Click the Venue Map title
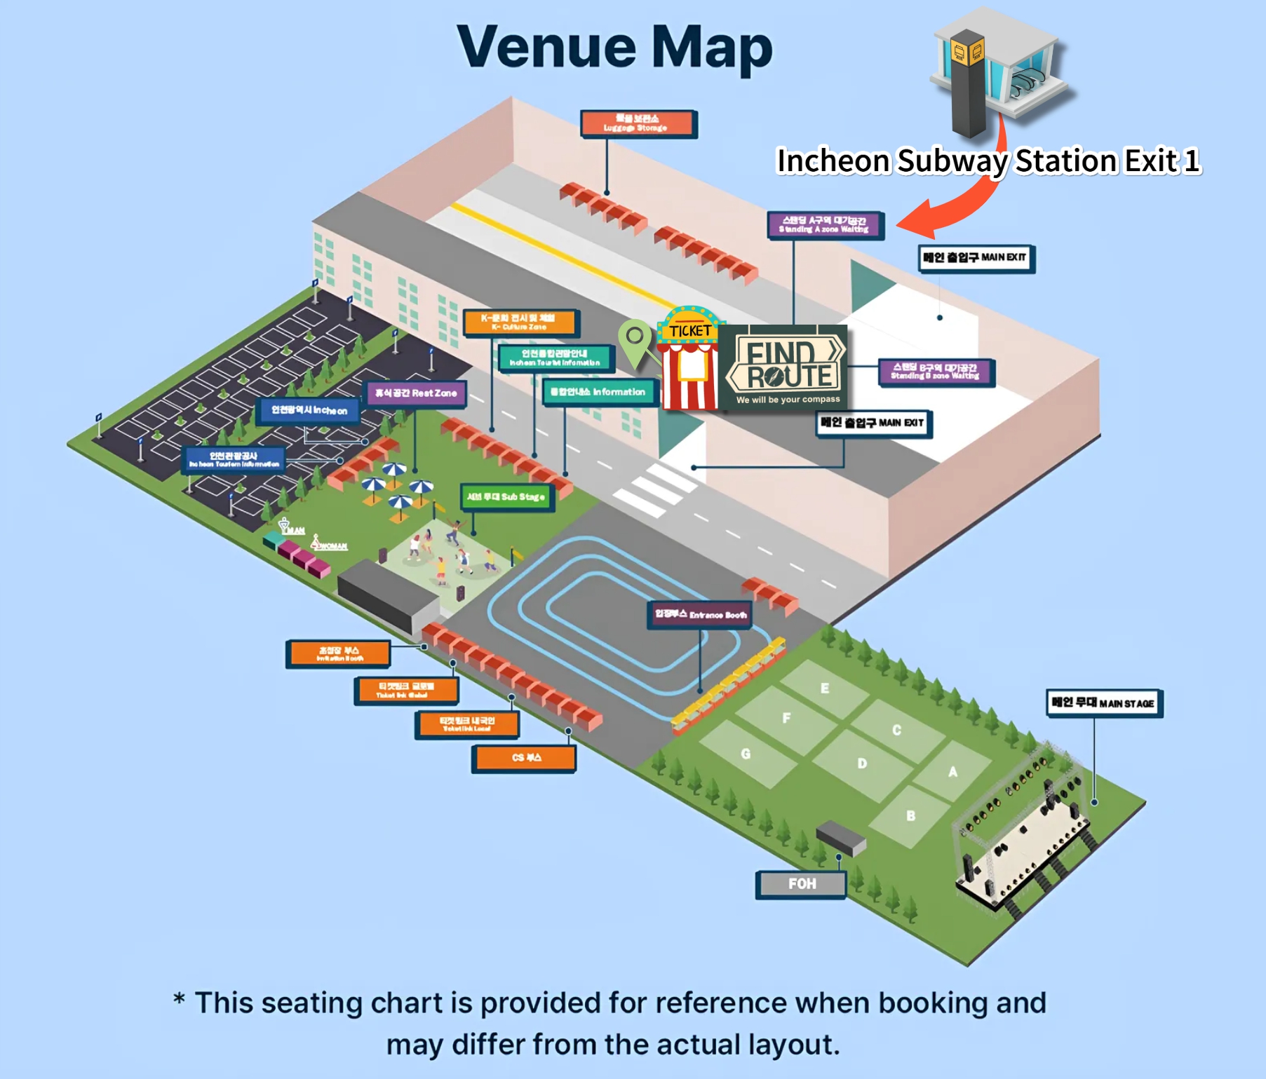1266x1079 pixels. [614, 47]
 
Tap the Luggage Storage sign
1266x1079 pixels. [638, 123]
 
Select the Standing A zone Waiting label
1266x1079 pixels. [824, 225]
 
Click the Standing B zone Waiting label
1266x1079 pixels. [935, 372]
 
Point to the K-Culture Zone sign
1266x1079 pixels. [518, 323]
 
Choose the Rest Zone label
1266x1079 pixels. [416, 393]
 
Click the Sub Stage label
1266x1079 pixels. [506, 496]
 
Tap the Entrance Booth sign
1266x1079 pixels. [700, 615]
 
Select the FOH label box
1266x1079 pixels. [801, 884]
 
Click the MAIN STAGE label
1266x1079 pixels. [1103, 703]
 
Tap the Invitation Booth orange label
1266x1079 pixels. [339, 653]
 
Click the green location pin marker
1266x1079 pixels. [635, 340]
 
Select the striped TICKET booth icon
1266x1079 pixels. [689, 361]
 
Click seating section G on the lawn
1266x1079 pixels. [746, 754]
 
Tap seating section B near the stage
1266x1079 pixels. [910, 815]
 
